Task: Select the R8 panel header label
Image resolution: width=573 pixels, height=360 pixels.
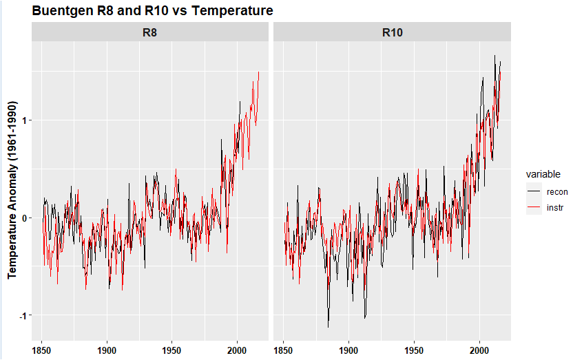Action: pos(149,32)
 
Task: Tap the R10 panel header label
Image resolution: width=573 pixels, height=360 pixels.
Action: pos(392,32)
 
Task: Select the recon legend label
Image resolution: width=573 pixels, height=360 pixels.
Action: pos(556,191)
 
